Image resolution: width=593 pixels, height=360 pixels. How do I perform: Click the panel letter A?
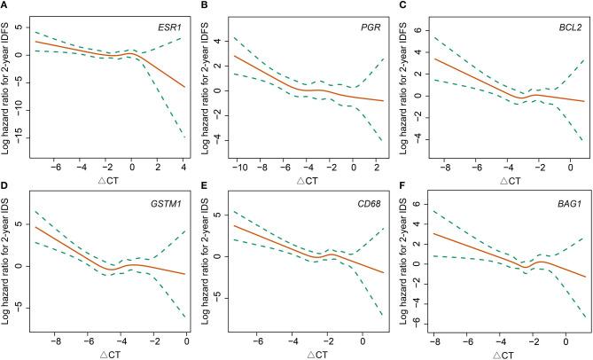(5, 6)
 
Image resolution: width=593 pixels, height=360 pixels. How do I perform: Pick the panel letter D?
(5, 188)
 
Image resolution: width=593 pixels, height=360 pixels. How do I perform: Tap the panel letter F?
(404, 188)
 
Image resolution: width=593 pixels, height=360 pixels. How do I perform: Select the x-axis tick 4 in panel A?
(182, 164)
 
